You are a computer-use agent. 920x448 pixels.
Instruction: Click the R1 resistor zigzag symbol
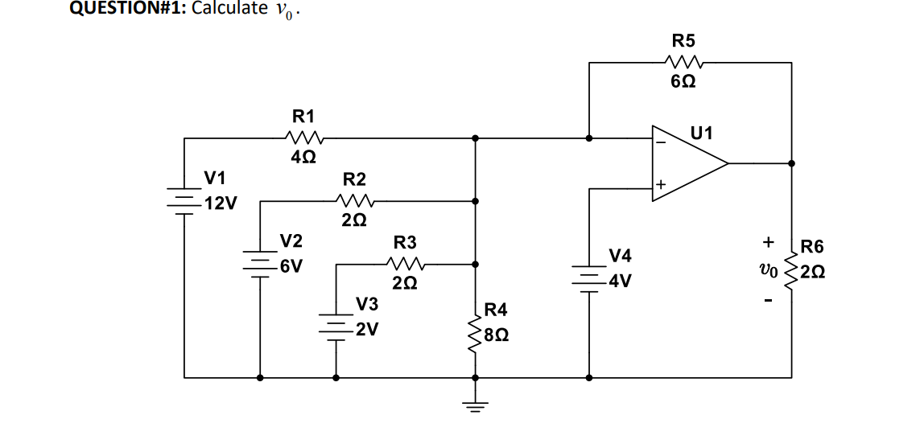[307, 138]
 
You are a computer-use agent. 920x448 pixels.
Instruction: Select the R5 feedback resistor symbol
[685, 61]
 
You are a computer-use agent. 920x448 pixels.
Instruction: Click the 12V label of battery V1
[220, 203]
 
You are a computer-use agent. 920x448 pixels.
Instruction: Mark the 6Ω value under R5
[684, 81]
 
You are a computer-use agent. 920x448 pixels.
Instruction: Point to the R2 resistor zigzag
[354, 200]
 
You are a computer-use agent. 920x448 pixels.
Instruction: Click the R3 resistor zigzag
[405, 264]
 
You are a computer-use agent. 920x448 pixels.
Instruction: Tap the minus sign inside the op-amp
[661, 142]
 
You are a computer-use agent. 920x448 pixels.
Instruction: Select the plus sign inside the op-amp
[660, 187]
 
